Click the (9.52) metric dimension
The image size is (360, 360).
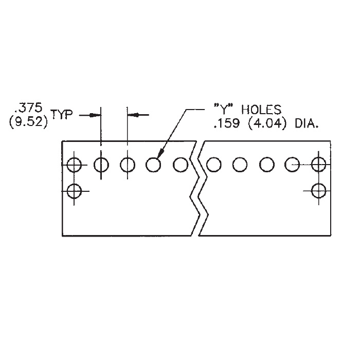pyautogui.click(x=28, y=122)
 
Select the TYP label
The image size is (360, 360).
pyautogui.click(x=62, y=114)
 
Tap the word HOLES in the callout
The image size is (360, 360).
pyautogui.click(x=261, y=110)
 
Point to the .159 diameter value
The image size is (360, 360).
pyautogui.click(x=226, y=124)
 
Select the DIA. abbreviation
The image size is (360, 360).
pyautogui.click(x=307, y=124)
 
